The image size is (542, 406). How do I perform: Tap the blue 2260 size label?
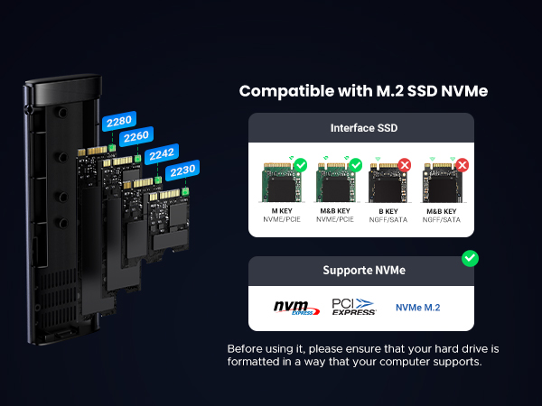(136, 136)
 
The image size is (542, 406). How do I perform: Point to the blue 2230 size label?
(182, 170)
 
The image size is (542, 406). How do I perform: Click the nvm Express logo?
(297, 308)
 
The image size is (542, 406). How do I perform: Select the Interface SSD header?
(360, 126)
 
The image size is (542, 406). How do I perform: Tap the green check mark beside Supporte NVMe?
(470, 259)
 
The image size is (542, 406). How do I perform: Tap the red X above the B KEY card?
(406, 166)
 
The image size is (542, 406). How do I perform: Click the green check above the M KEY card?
(300, 166)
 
